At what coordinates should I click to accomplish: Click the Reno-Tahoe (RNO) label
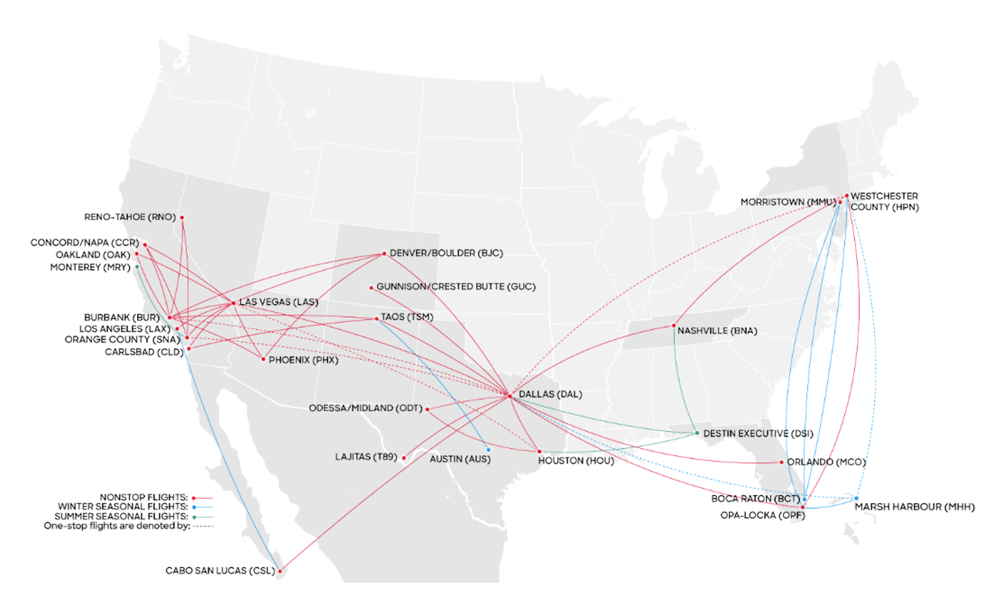[x=130, y=217]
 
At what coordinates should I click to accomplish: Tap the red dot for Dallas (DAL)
[x=509, y=396]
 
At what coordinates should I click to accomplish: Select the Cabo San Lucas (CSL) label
[x=220, y=570]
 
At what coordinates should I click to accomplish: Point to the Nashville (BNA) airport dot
[x=674, y=325]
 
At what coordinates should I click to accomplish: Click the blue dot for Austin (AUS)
[x=488, y=449]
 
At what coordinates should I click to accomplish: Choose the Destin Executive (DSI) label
[x=758, y=433]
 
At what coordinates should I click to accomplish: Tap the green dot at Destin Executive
[x=697, y=433]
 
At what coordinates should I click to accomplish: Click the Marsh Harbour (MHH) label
[x=915, y=507]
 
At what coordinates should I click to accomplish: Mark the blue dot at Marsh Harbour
[x=856, y=498]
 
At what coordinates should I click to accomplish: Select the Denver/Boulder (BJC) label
[x=446, y=253]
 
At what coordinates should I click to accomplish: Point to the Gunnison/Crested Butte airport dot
[x=371, y=288]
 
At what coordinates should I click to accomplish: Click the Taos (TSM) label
[x=407, y=317]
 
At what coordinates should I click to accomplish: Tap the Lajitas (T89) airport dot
[x=404, y=458]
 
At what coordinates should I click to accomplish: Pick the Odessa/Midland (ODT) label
[x=365, y=408]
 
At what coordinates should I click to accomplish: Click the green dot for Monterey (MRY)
[x=137, y=267]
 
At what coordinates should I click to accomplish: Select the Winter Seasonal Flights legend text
[x=123, y=507]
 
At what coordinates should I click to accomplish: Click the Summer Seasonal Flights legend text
[x=121, y=516]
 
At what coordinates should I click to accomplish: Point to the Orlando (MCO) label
[x=826, y=462]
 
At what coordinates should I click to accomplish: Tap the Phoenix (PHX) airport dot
[x=263, y=359]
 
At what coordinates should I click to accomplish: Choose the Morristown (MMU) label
[x=787, y=202]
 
